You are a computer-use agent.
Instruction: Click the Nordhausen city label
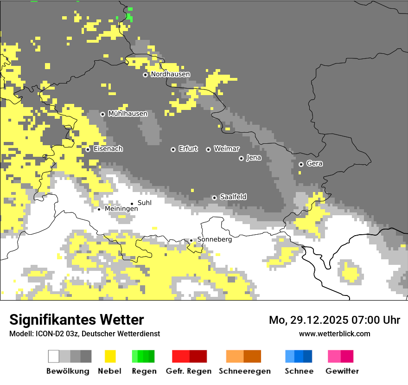click(x=170, y=74)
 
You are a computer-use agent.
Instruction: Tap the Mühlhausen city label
click(x=127, y=114)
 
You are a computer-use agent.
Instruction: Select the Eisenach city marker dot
click(x=88, y=149)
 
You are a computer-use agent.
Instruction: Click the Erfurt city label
click(x=188, y=149)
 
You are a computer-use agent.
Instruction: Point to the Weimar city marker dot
click(x=208, y=149)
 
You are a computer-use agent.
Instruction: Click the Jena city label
click(x=254, y=158)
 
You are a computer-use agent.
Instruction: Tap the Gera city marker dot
click(x=301, y=164)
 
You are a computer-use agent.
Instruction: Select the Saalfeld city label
click(x=233, y=197)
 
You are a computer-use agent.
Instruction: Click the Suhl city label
click(x=144, y=203)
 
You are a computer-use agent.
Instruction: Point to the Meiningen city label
click(x=121, y=209)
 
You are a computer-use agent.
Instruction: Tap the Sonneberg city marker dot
click(x=191, y=240)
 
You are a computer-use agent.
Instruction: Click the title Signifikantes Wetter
click(x=76, y=320)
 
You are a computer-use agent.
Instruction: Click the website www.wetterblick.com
click(x=334, y=334)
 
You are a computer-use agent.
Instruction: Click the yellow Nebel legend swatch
click(x=110, y=356)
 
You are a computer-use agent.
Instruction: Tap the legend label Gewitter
click(x=342, y=371)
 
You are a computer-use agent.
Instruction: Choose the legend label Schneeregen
click(x=244, y=371)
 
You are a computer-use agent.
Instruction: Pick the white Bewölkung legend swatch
click(x=54, y=356)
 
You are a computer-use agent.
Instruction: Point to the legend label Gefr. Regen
click(x=188, y=371)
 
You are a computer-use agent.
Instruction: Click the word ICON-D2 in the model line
click(x=48, y=334)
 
